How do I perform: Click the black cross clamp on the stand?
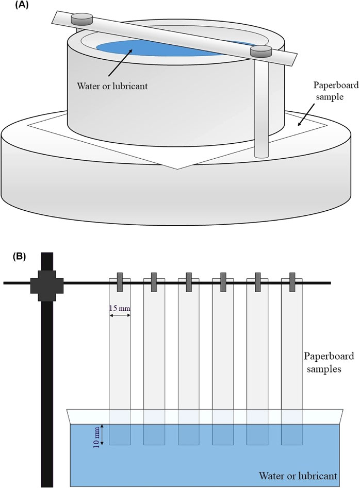point(46,282)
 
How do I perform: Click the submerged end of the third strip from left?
point(188,434)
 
